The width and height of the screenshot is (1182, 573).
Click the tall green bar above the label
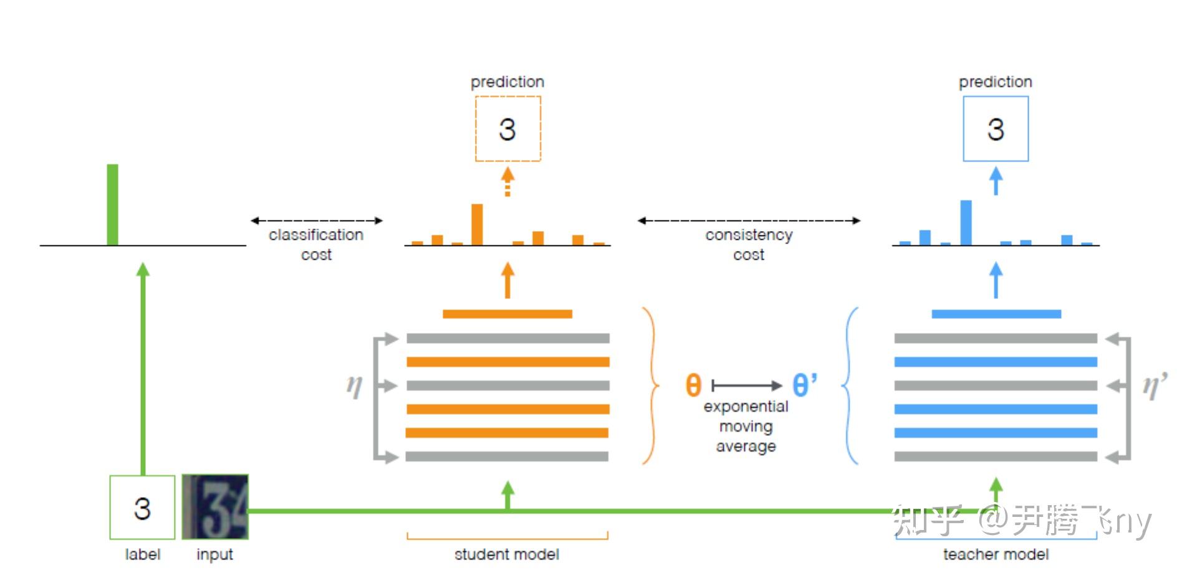point(112,204)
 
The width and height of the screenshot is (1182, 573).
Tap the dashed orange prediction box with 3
point(507,129)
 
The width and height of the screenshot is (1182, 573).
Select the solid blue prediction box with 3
point(996,129)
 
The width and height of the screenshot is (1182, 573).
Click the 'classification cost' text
point(316,244)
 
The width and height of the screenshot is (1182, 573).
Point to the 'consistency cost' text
point(749,244)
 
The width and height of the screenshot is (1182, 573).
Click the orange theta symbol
point(693,385)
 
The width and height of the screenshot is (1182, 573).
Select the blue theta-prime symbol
point(804,384)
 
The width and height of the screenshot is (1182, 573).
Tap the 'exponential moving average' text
point(746,426)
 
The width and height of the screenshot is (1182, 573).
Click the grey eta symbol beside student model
point(354,386)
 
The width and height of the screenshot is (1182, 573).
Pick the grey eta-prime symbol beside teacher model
point(1154,386)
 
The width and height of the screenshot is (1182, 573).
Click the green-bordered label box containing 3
point(142,508)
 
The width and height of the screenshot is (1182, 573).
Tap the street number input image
point(215,507)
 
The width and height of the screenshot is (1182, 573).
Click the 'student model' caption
point(506,554)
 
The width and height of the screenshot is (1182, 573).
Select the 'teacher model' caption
point(996,554)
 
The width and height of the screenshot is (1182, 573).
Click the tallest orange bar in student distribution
point(477,224)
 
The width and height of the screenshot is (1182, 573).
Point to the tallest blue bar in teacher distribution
point(966,222)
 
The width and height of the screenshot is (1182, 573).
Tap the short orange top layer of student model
point(507,314)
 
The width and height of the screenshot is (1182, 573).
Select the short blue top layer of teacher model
point(996,314)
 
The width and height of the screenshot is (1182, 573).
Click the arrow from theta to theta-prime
point(746,386)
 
